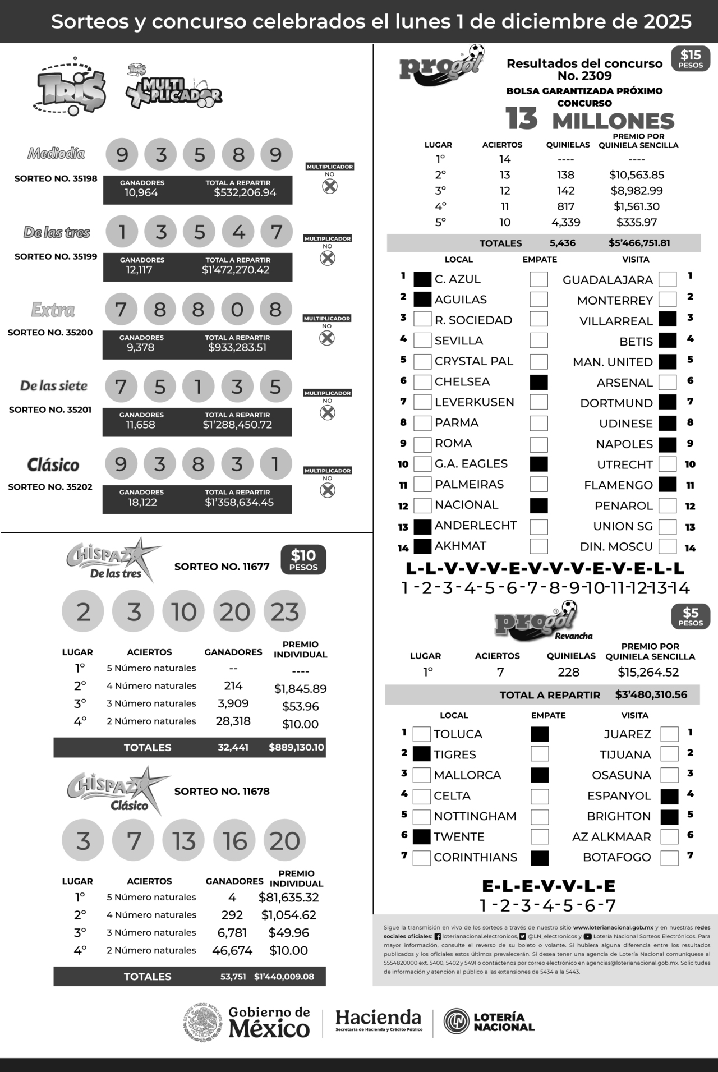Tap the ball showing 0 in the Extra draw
point(237,309)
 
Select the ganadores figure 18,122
point(142,502)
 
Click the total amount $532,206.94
point(245,193)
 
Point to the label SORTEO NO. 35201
point(50,410)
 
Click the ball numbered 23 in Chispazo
point(284,611)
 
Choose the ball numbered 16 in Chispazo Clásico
point(234,841)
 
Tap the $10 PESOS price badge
point(303,560)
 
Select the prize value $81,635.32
point(288,898)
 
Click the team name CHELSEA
point(462,382)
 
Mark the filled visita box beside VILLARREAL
point(668,319)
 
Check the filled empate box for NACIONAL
point(538,505)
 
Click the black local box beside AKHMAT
point(422,546)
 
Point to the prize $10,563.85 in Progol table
point(637,175)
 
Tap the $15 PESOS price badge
point(691,59)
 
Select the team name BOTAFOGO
point(616,857)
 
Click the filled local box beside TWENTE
point(421,837)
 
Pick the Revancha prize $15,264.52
point(648,672)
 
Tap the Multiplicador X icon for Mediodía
point(330,186)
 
